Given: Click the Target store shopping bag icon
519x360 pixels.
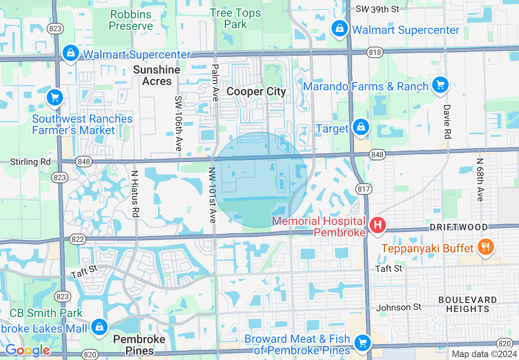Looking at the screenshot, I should point(361,127).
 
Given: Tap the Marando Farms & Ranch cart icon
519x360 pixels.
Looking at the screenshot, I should point(440,85).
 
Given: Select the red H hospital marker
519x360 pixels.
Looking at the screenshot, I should point(377,225).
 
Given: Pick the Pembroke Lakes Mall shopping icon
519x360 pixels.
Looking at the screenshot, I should point(99,327).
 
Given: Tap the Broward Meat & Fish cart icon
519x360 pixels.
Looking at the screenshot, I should point(362,342).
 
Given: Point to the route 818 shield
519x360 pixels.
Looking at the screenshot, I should point(375,52).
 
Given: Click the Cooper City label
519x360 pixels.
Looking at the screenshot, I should point(256,92).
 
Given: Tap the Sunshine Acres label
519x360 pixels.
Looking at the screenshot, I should point(157,75).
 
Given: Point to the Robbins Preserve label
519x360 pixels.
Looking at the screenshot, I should point(131,20).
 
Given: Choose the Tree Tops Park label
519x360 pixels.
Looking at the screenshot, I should point(235,19).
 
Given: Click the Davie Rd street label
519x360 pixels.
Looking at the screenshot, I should point(447,122).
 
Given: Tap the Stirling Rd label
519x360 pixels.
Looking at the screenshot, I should point(31,162).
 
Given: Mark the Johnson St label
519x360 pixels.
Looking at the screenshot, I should point(399,307).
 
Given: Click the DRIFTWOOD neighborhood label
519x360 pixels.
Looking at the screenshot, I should point(458,227).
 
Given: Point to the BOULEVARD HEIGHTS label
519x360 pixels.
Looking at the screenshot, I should point(467,304).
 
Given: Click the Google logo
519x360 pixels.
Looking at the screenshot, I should point(27,350).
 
